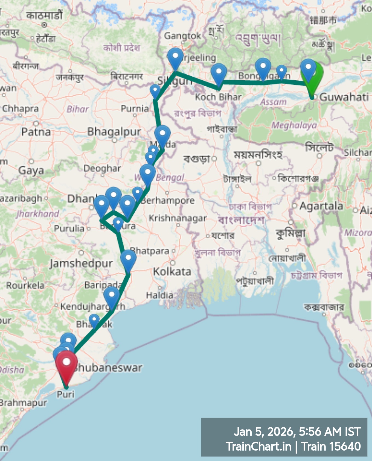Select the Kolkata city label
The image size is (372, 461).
click(x=172, y=272)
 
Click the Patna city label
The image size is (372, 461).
click(x=36, y=132)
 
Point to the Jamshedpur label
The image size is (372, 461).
click(x=81, y=263)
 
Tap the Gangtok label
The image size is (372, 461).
click(x=182, y=36)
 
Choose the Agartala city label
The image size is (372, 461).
click(x=321, y=206)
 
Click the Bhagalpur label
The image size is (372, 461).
click(x=114, y=132)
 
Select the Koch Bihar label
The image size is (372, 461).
click(x=218, y=97)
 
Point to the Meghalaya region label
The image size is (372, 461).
click(x=294, y=125)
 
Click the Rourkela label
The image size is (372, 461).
click(x=25, y=286)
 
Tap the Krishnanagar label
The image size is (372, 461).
click(x=178, y=218)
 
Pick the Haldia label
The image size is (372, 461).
click(x=159, y=295)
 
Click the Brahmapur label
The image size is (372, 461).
click(x=23, y=403)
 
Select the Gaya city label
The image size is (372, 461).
click(x=31, y=171)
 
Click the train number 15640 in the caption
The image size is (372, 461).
click(x=345, y=447)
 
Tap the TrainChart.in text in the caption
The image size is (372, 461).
click(x=258, y=447)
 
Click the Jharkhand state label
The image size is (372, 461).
click(x=38, y=213)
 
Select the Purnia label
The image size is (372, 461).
click(x=135, y=108)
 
